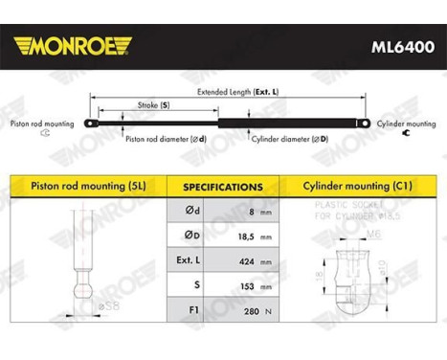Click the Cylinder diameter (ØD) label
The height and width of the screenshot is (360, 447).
pos(288,139)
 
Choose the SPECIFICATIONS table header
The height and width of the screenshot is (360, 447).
pos(223,187)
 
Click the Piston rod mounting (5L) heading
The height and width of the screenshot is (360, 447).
pos(86,187)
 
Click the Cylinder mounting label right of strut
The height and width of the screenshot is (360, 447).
pos(411,124)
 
